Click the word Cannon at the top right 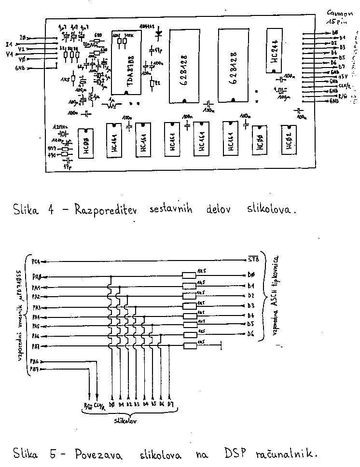click(x=340, y=12)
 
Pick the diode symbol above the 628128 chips click(x=158, y=34)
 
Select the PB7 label click(x=35, y=369)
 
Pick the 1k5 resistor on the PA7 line click(x=189, y=345)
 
